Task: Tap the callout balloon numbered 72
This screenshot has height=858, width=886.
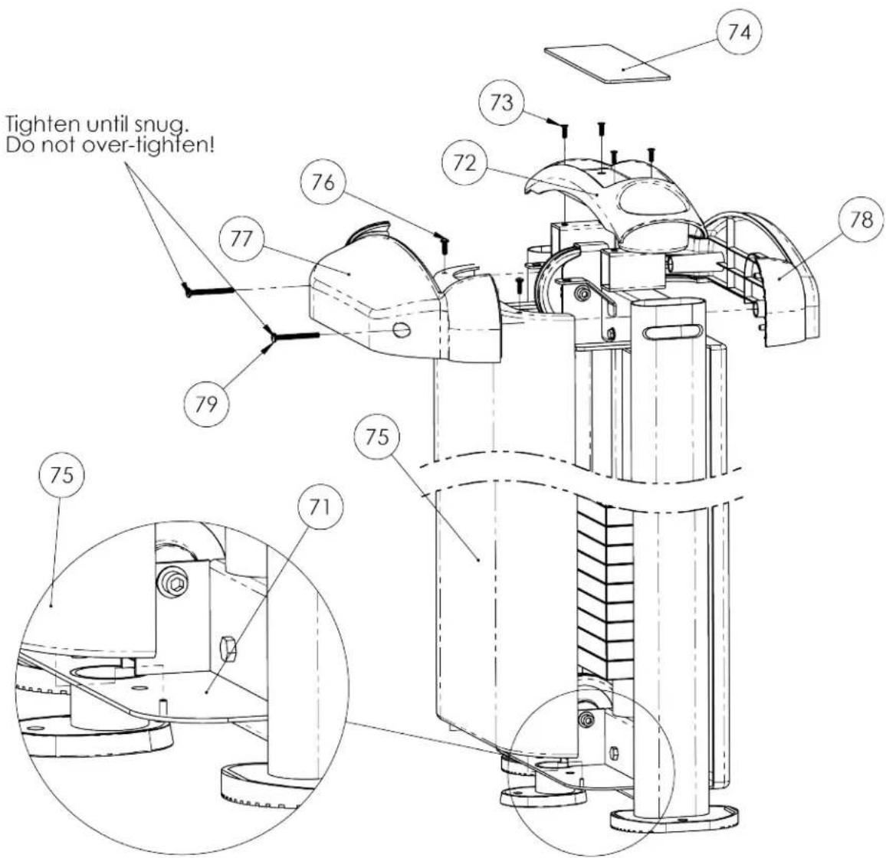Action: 464,163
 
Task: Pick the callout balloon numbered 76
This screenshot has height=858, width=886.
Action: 323,182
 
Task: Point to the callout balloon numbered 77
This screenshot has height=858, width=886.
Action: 242,239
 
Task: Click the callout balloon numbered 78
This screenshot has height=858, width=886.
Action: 861,220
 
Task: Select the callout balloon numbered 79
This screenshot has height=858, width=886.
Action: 207,404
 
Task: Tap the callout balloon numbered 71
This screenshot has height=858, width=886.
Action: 320,507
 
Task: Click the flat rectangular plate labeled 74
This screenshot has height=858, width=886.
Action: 608,64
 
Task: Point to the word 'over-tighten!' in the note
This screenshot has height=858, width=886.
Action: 147,146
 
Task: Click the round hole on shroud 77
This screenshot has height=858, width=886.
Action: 401,330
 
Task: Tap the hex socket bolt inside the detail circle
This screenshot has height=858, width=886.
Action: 173,581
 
